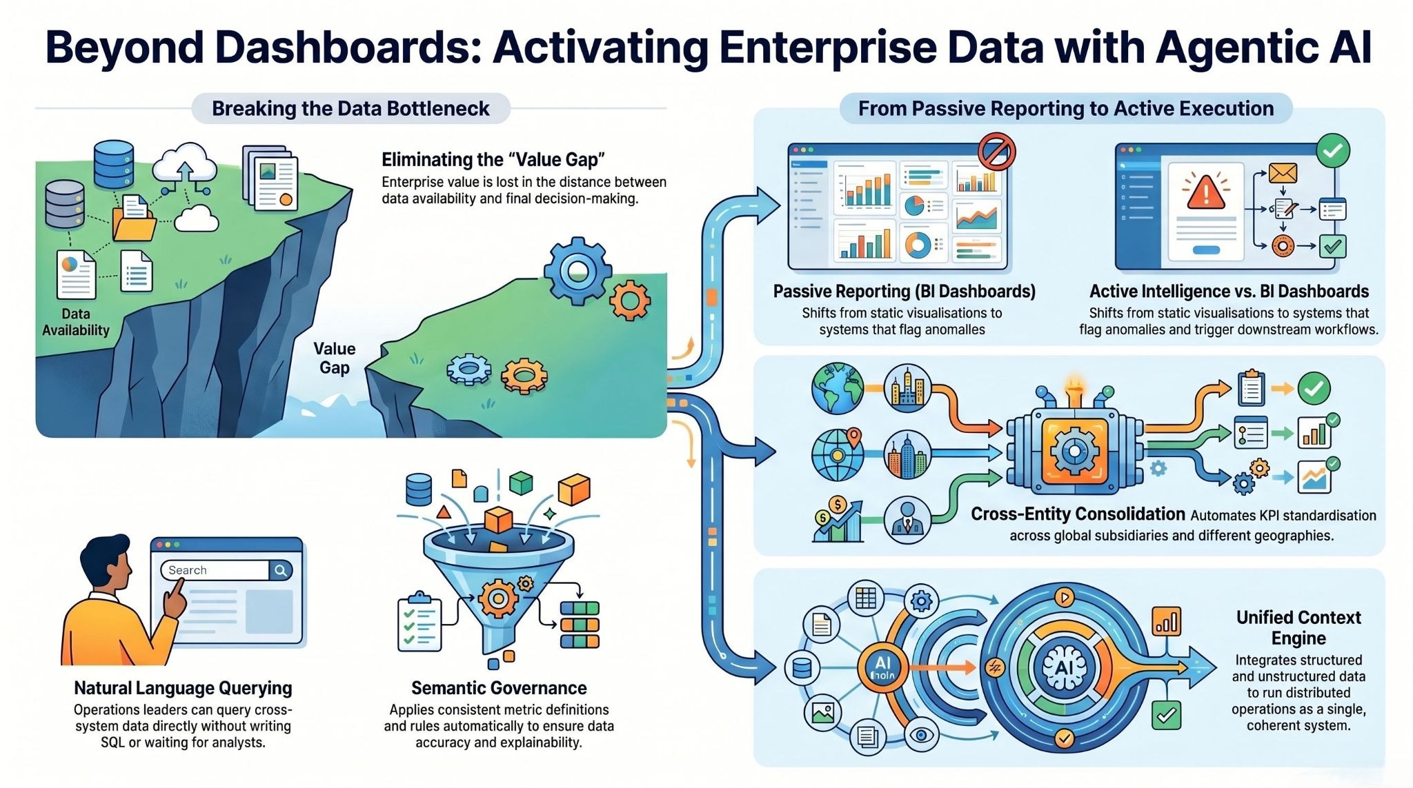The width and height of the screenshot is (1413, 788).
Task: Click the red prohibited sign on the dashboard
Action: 996,152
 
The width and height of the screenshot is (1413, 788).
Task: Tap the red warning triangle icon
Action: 1205,191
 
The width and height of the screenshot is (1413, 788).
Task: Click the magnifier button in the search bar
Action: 281,570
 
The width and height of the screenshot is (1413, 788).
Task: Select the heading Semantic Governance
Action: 499,688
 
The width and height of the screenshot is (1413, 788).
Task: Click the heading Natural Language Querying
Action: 183,688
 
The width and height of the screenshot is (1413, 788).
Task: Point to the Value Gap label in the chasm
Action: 335,358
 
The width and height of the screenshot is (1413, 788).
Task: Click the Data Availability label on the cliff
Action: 76,322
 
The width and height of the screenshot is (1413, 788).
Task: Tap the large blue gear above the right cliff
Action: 577,271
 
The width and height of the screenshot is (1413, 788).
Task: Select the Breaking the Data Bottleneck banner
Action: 350,109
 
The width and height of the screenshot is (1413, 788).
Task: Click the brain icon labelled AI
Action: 1064,667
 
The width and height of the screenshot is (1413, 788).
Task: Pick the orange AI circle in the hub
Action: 883,667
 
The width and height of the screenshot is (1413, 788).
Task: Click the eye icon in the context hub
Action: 921,735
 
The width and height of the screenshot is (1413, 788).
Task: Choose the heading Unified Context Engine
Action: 1298,627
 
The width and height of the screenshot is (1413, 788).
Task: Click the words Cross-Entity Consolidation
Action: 1078,514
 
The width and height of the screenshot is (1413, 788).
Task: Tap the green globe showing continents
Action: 838,388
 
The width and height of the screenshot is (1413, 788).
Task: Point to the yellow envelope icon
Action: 1283,172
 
